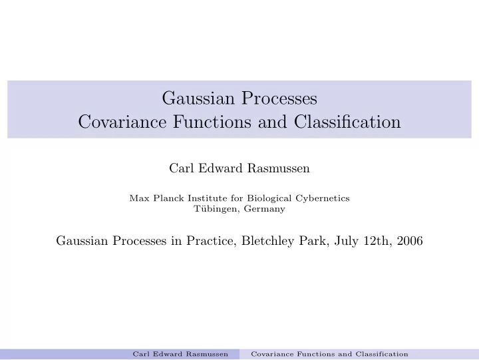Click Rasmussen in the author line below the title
(x=280, y=168)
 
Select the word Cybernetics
(x=323, y=198)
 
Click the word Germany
(x=265, y=208)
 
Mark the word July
(x=347, y=241)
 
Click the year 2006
(x=410, y=241)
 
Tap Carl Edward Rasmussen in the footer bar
(x=180, y=354)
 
